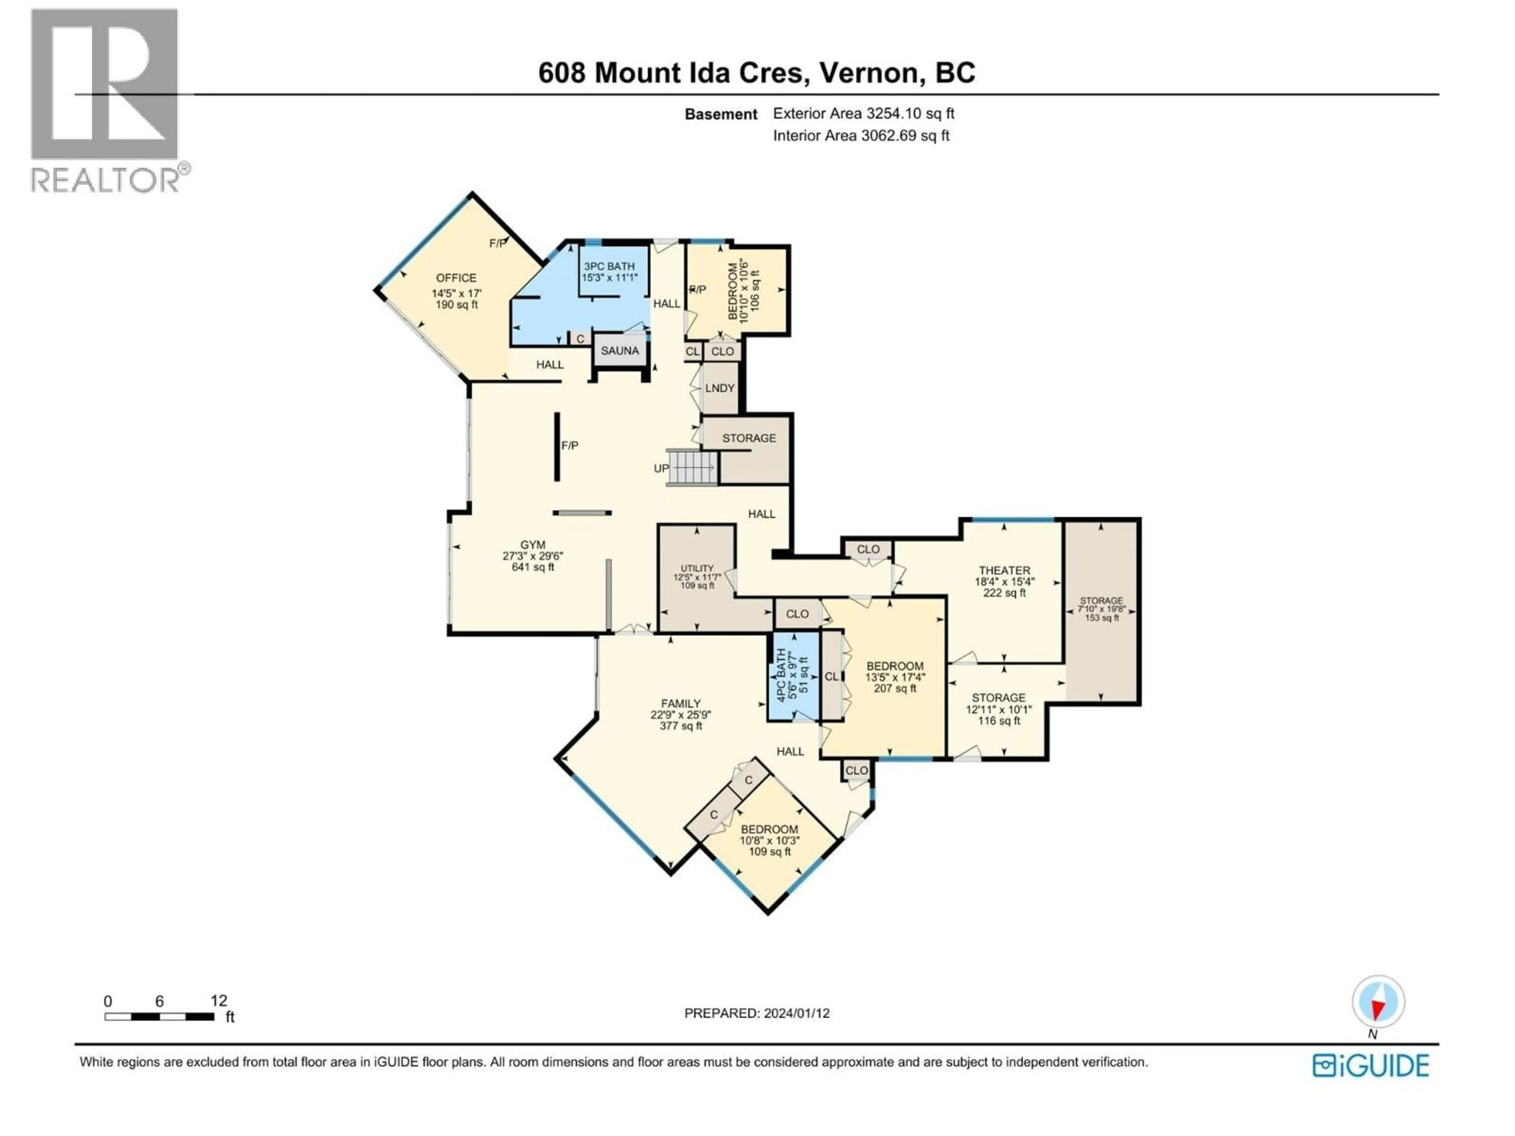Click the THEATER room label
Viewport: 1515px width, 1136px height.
(1004, 570)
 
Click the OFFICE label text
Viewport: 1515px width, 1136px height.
(456, 278)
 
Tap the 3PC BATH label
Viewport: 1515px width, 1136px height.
(609, 266)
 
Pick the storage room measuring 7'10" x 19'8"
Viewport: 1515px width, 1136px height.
(1101, 609)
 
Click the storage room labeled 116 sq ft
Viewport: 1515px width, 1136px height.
(998, 709)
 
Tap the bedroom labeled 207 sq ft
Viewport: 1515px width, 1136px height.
(894, 677)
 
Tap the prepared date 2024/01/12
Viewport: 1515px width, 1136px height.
(756, 1013)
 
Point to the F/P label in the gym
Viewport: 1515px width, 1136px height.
(569, 446)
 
